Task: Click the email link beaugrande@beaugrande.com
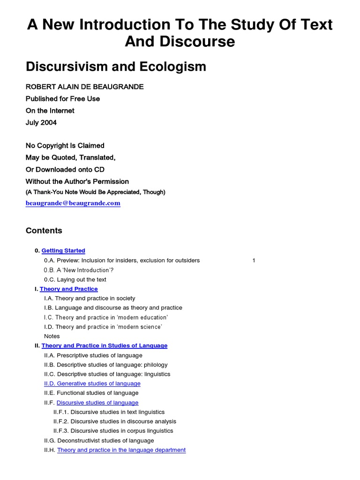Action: (73, 203)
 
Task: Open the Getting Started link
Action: (63, 251)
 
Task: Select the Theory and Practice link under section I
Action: (68, 289)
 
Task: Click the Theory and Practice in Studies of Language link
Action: (104, 345)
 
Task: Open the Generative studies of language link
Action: (92, 383)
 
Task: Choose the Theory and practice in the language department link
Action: (121, 450)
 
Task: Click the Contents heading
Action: (44, 231)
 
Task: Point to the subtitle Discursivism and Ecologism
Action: (116, 67)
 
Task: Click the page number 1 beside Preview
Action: (254, 261)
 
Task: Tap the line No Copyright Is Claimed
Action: (65, 146)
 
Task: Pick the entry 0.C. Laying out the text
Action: (75, 279)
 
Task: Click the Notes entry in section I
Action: (52, 336)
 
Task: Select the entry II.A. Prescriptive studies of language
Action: (93, 355)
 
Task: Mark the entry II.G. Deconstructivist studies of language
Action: (98, 441)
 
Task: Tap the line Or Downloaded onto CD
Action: (65, 169)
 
